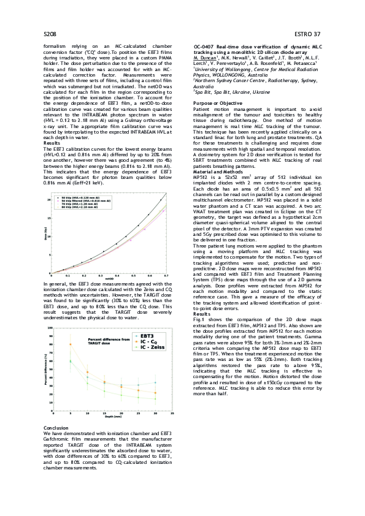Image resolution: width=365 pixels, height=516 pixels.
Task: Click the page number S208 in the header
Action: [51, 33]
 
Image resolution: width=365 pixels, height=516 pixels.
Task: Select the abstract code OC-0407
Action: [205, 47]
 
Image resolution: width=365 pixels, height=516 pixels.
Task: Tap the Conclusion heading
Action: [57, 427]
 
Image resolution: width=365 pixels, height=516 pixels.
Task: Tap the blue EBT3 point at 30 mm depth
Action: [155, 382]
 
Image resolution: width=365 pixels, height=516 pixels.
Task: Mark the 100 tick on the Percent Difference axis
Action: [50, 328]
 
